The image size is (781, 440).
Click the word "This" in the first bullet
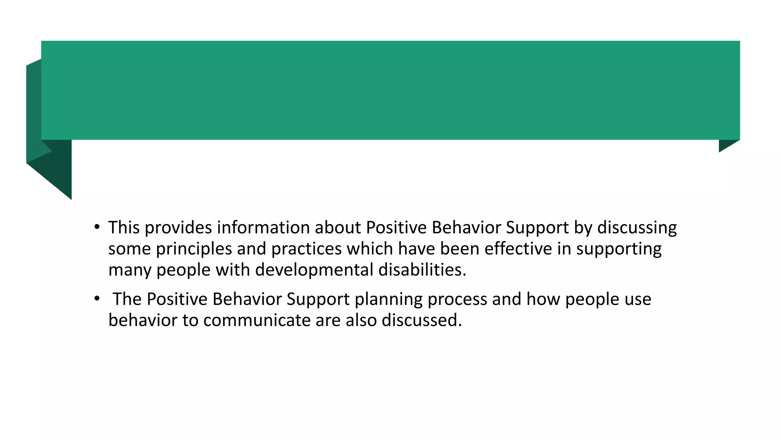[124, 228]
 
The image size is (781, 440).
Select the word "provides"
[178, 228]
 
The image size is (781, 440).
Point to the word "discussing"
[637, 228]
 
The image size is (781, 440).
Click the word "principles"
[194, 249]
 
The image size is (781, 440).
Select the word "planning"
[388, 299]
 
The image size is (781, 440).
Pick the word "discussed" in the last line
[421, 320]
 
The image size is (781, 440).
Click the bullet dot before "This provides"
[97, 227]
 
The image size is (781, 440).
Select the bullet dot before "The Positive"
[97, 298]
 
